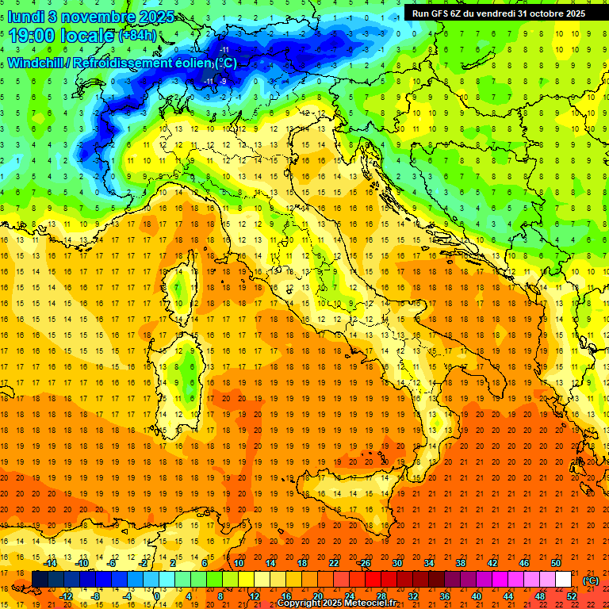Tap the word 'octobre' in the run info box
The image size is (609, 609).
(x=543, y=13)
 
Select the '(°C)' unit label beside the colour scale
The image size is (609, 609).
(x=591, y=580)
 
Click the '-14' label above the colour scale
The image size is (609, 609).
(x=51, y=563)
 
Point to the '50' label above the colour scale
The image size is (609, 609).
(x=555, y=563)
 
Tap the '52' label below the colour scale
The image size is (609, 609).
(x=571, y=596)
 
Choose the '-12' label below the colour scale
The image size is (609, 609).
(x=67, y=596)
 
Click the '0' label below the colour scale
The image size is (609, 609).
(x=157, y=596)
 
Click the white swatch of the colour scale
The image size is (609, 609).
(x=563, y=580)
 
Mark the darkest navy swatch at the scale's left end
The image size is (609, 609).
(x=40, y=580)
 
